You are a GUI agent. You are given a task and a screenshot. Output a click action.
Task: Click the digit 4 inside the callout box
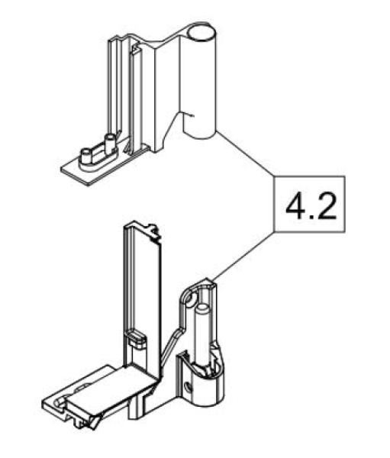click(295, 204)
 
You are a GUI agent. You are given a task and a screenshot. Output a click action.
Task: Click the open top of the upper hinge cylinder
click(201, 33)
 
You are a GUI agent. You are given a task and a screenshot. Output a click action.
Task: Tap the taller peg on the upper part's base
click(109, 141)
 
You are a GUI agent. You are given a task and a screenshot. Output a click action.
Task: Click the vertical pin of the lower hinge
click(204, 336)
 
